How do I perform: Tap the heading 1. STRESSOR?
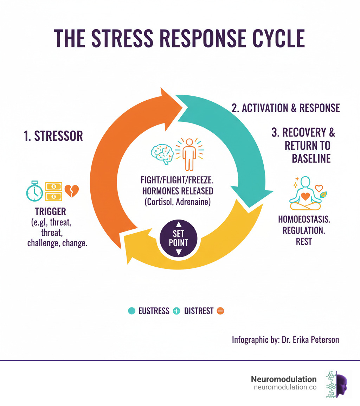point(53,136)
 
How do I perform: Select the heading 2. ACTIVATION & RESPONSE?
point(285,108)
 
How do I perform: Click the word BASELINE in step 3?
point(311,158)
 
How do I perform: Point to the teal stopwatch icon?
point(34,191)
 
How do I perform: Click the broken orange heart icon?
point(72,191)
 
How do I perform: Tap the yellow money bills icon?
point(53,191)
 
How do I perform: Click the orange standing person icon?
point(189,153)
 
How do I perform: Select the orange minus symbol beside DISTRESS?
point(220,311)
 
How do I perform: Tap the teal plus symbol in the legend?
point(176,311)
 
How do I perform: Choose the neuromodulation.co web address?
point(285,387)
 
